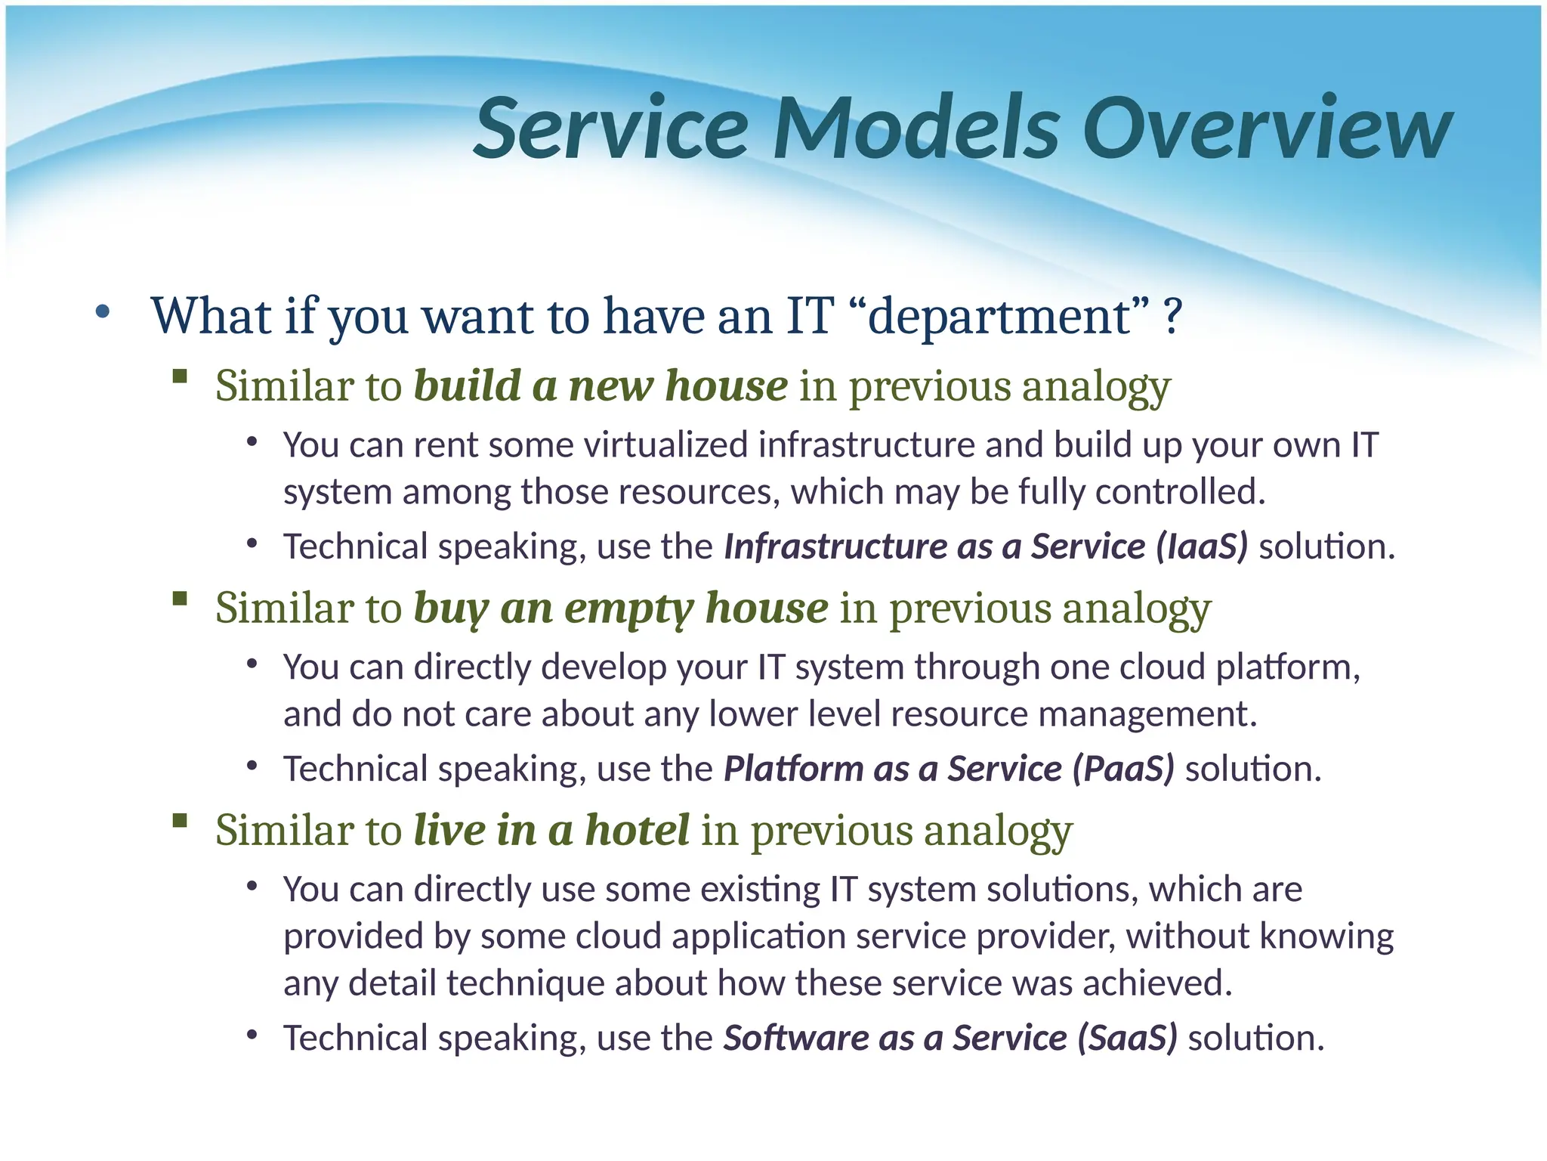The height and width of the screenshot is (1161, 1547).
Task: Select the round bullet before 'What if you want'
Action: (103, 311)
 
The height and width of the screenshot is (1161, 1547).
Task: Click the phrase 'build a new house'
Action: (601, 386)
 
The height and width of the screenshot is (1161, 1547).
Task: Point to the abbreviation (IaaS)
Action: (1202, 546)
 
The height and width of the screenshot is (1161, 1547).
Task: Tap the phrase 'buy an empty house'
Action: (620, 608)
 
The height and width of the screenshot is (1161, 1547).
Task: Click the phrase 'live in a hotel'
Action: (551, 830)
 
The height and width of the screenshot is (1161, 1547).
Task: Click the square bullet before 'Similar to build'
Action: (180, 376)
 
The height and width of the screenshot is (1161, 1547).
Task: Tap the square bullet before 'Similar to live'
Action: (180, 820)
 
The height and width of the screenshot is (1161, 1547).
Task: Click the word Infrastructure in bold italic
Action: (835, 546)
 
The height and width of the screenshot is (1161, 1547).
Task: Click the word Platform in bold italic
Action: (793, 769)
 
